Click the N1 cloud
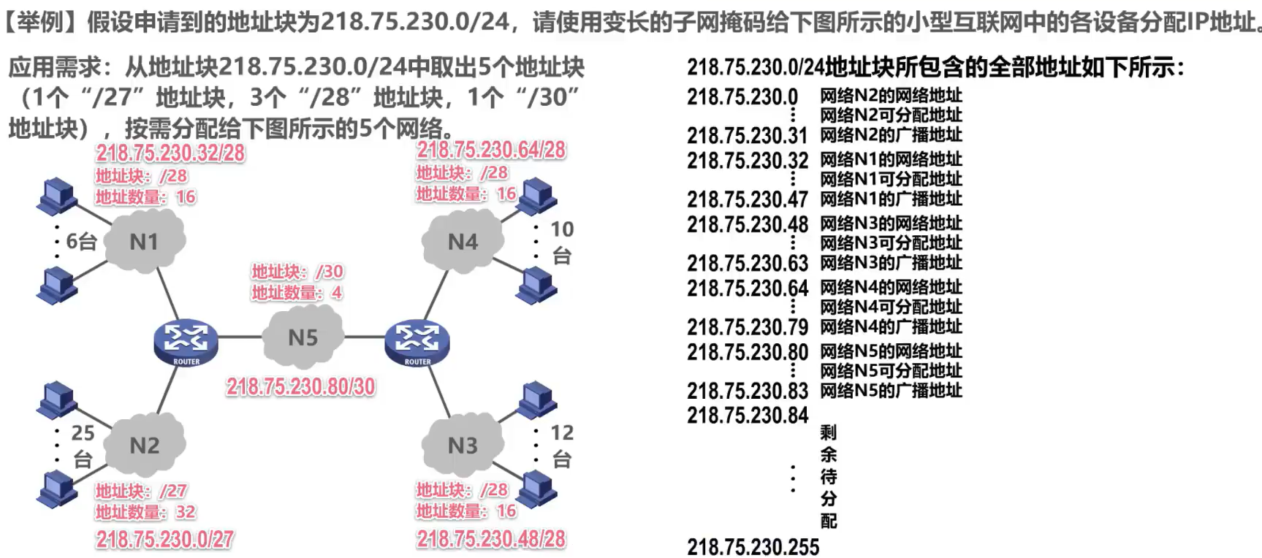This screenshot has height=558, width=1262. pyautogui.click(x=145, y=240)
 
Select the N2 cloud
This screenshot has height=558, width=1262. pyautogui.click(x=145, y=444)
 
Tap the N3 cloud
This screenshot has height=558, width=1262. pyautogui.click(x=463, y=444)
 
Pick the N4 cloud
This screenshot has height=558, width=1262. pyautogui.click(x=463, y=240)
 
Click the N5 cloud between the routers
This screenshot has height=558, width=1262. pyautogui.click(x=303, y=337)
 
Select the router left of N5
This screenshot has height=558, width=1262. pyautogui.click(x=186, y=342)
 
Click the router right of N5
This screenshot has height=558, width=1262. pyautogui.click(x=417, y=342)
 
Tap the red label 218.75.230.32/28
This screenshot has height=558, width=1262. pyautogui.click(x=170, y=153)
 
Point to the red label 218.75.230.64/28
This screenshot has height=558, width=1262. pyautogui.click(x=491, y=150)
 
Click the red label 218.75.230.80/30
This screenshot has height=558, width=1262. pyautogui.click(x=300, y=386)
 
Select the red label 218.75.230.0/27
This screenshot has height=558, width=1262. pyautogui.click(x=165, y=540)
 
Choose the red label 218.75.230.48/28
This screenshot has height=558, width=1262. pyautogui.click(x=491, y=539)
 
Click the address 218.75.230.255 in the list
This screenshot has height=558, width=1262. pyautogui.click(x=753, y=547)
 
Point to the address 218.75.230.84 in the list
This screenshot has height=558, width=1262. pyautogui.click(x=748, y=415)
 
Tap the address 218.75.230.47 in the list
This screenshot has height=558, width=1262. pyautogui.click(x=748, y=199)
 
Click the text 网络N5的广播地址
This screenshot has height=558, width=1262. pyautogui.click(x=891, y=390)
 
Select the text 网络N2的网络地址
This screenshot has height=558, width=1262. pyautogui.click(x=891, y=95)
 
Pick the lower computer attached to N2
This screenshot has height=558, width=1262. pyautogui.click(x=57, y=489)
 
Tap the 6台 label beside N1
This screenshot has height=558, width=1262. pyautogui.click(x=81, y=241)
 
